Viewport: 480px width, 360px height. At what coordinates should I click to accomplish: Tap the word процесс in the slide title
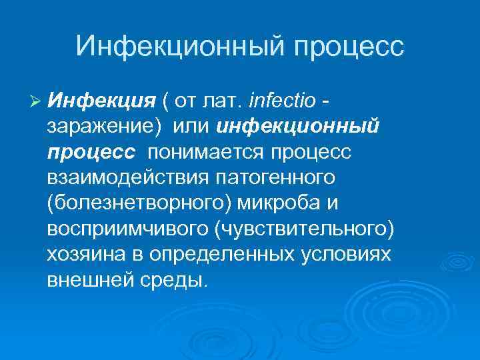coord(349,47)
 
